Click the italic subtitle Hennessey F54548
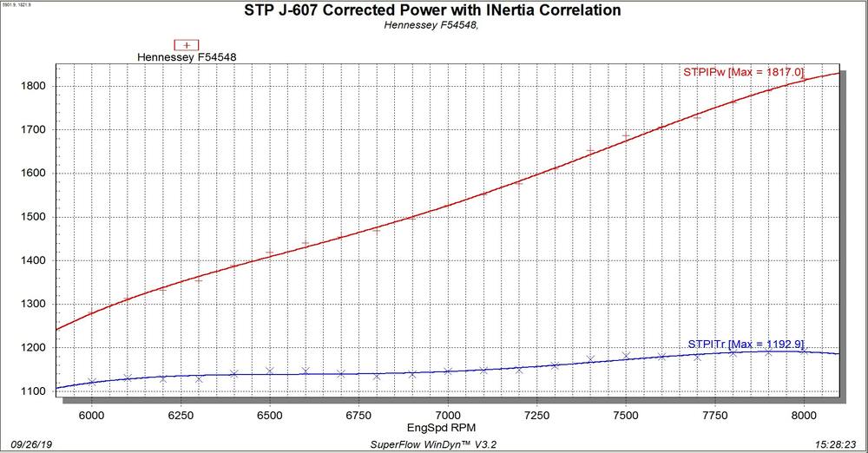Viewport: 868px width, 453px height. point(431,25)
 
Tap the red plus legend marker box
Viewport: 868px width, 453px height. point(187,45)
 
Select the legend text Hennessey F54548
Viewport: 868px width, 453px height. point(187,57)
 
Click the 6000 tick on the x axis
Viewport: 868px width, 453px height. point(91,405)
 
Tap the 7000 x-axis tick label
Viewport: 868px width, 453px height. point(448,405)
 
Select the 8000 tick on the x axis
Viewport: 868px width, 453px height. point(805,405)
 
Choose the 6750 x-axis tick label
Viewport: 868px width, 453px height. point(358,405)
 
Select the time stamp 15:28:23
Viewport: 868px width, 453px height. point(835,442)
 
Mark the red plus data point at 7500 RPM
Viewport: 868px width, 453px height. point(626,136)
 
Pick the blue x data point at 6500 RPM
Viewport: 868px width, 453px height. point(270,371)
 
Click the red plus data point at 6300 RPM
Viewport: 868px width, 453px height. point(199,279)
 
